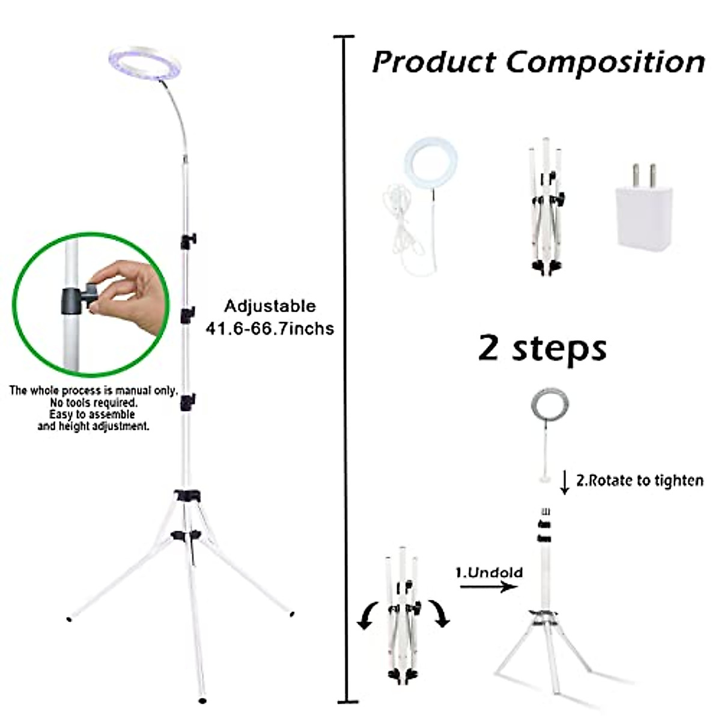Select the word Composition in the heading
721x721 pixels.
(605, 62)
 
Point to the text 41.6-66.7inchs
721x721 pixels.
(269, 329)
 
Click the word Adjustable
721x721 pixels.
(270, 306)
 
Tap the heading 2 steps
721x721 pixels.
(542, 348)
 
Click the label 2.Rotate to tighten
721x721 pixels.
(639, 481)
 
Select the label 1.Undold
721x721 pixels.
(489, 572)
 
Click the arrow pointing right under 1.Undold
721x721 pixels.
(488, 585)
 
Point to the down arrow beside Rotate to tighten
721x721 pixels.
(564, 482)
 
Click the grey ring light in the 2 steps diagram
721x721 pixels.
(549, 406)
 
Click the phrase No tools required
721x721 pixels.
(93, 403)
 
